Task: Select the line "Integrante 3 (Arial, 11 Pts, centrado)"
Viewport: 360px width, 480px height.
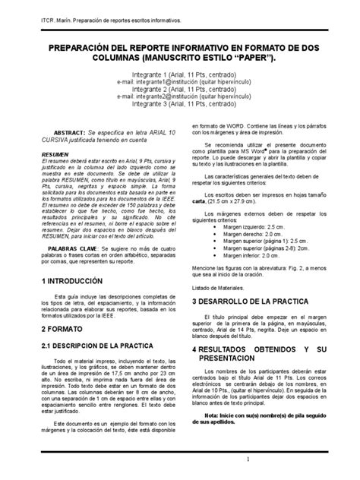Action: point(181,106)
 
